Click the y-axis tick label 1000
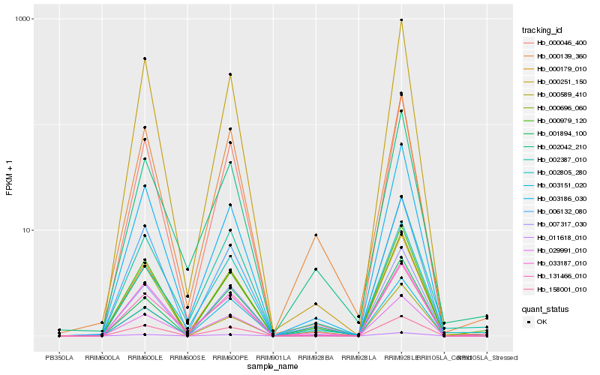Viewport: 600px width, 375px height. pyautogui.click(x=22, y=19)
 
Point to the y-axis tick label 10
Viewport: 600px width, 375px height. pyautogui.click(x=25, y=230)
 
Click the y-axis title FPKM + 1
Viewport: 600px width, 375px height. pyautogui.click(x=9, y=179)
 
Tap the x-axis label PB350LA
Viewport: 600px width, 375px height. pyautogui.click(x=59, y=358)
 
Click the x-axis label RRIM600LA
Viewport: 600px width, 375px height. pyautogui.click(x=102, y=358)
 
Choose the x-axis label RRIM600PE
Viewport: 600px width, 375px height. pyautogui.click(x=230, y=358)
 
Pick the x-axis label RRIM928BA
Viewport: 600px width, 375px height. pyautogui.click(x=316, y=358)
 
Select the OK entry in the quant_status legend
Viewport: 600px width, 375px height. pyautogui.click(x=542, y=322)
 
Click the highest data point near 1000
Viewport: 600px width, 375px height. pyautogui.click(x=401, y=20)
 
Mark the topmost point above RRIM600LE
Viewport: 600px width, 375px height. pyautogui.click(x=145, y=58)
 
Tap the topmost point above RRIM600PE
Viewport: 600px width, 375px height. pyautogui.click(x=230, y=74)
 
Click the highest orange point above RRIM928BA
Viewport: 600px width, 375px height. pyautogui.click(x=316, y=235)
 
